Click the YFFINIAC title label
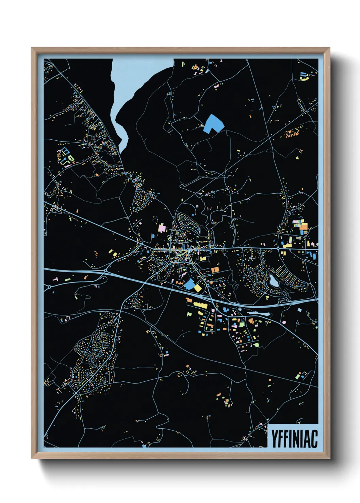[x=294, y=438]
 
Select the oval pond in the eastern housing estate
[x=273, y=281]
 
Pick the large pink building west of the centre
[x=162, y=228]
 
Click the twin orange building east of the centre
[x=215, y=270]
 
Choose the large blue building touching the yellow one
[x=189, y=284]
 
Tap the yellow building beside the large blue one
[x=198, y=288]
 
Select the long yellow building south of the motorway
[x=201, y=305]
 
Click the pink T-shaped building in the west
[x=55, y=279]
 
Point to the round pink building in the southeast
[x=284, y=322]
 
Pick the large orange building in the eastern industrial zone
[x=304, y=227]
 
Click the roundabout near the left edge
[x=49, y=287]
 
